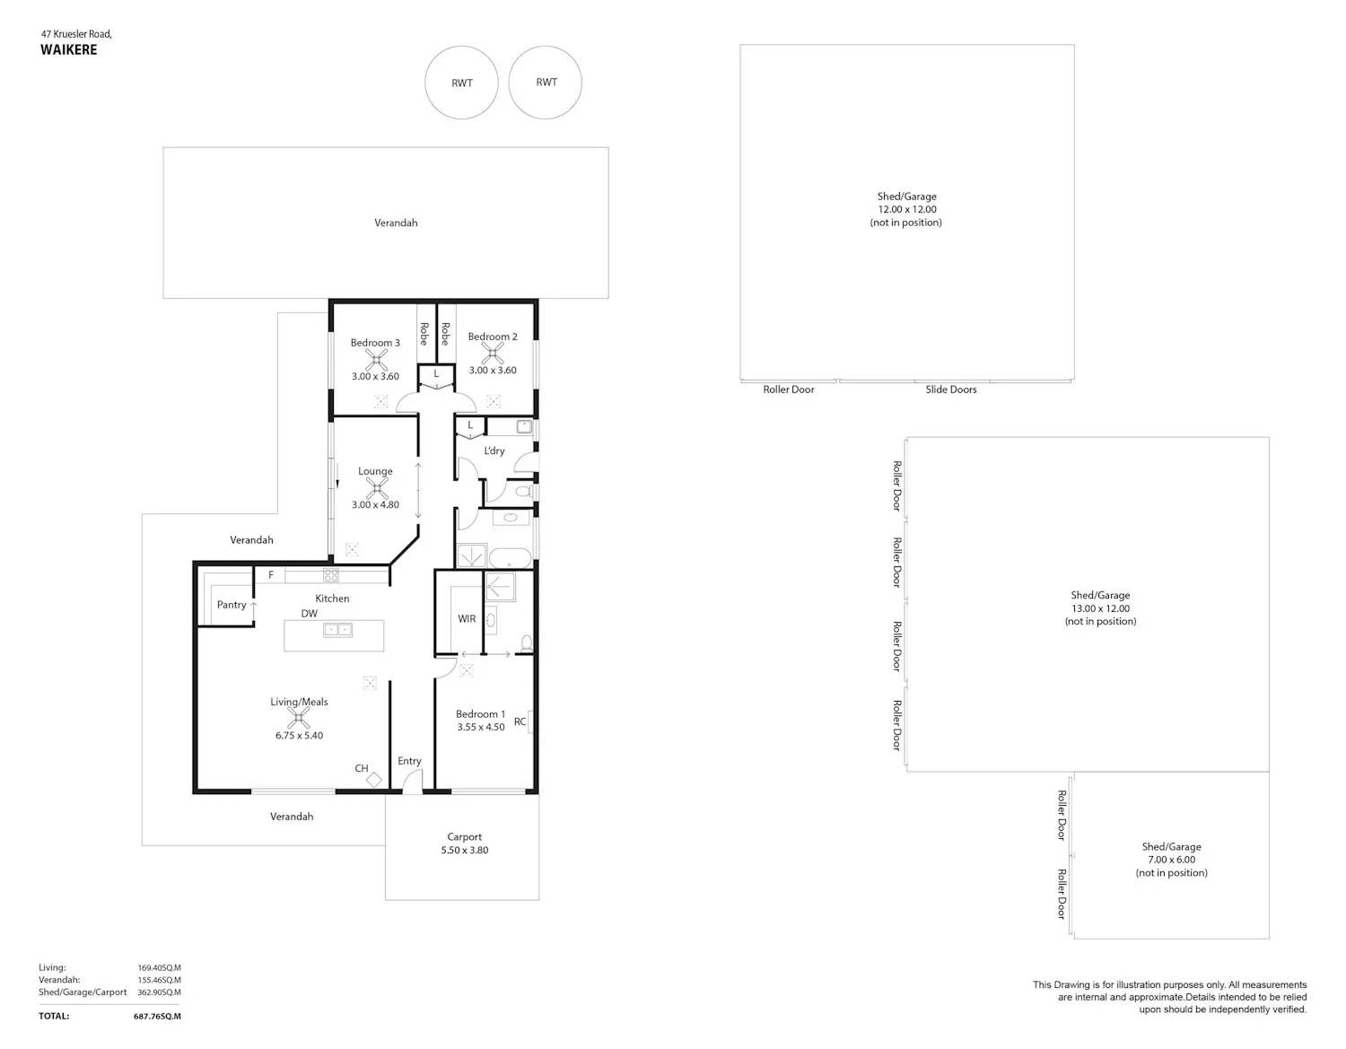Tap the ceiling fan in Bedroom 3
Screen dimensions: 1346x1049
376,360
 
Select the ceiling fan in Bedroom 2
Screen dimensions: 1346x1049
493,354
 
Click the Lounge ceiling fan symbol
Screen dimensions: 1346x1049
377,488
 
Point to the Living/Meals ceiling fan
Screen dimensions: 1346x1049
299,718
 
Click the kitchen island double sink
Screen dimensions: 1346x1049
337,630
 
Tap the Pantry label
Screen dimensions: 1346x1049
232,605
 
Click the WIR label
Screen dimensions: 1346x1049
467,618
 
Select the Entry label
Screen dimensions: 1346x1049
409,761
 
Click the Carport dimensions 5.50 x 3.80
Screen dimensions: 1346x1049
465,850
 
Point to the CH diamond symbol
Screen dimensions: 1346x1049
374,780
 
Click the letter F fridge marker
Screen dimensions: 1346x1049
271,574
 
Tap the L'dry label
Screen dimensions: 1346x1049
494,450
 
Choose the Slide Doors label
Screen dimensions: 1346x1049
951,389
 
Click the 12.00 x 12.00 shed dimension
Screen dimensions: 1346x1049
907,209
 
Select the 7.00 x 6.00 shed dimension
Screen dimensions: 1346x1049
1171,860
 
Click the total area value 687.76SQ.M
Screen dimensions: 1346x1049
157,1016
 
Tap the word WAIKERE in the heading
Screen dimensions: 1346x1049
69,50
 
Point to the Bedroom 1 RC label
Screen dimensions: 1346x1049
520,721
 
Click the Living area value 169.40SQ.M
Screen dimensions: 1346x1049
159,967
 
